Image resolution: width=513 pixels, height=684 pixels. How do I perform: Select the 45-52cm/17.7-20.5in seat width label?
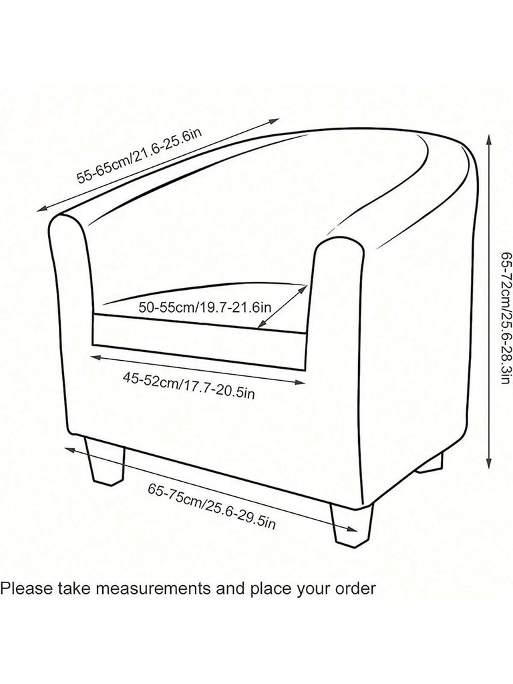click(x=189, y=385)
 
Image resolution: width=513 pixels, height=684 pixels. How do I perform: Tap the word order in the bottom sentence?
click(x=358, y=588)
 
